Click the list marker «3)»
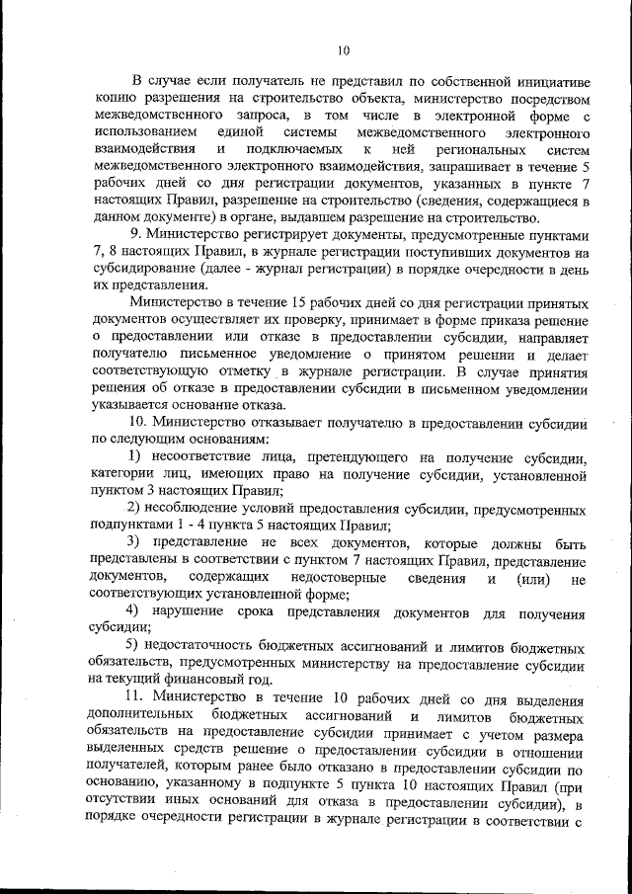tap(137, 545)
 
